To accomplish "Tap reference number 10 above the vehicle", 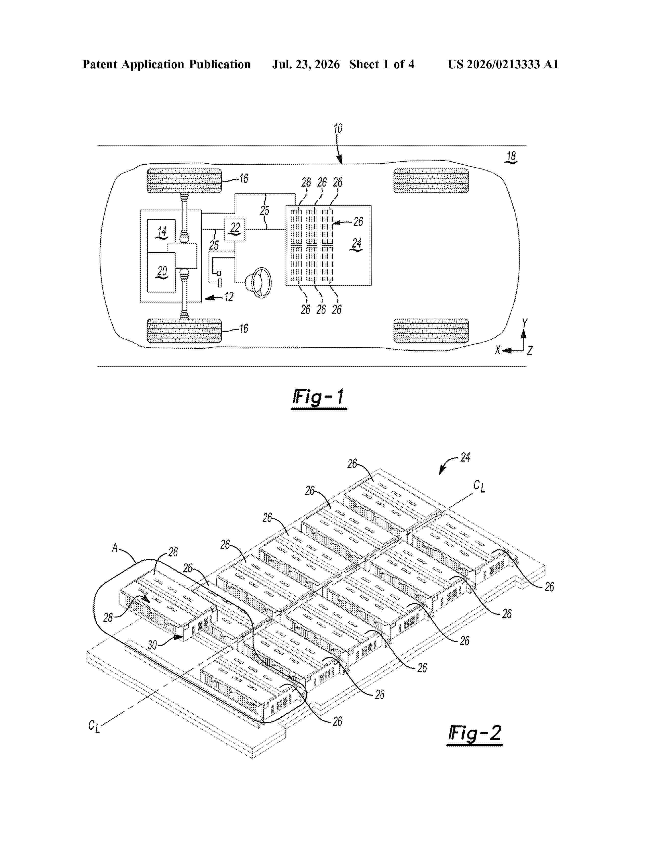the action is (x=338, y=129).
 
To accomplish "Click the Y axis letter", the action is (x=525, y=323).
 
